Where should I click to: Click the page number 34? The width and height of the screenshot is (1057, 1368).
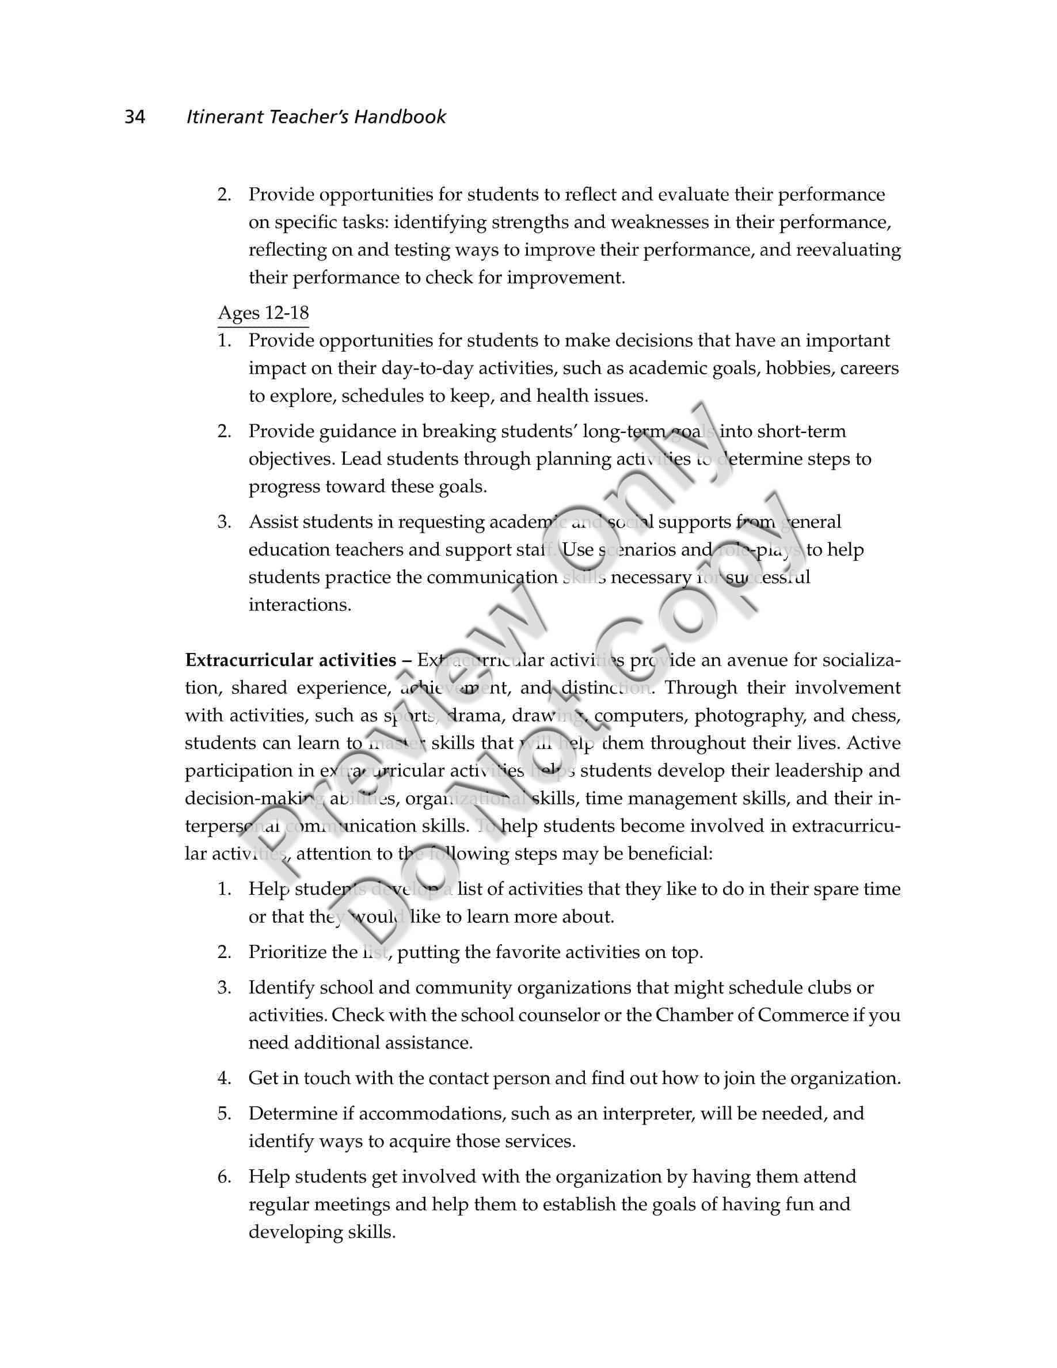pos(135,117)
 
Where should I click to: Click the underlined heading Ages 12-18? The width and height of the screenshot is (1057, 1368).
pos(263,313)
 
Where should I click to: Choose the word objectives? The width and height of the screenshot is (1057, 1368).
pos(291,459)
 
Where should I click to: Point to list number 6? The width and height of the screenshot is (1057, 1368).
pos(224,1176)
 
